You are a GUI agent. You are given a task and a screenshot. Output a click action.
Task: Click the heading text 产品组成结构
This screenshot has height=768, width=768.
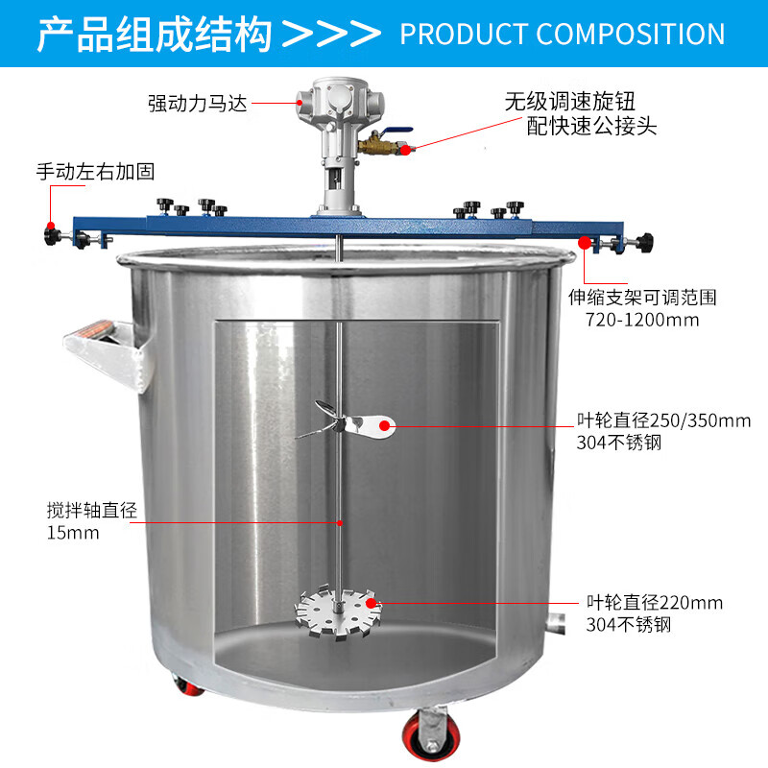click(155, 34)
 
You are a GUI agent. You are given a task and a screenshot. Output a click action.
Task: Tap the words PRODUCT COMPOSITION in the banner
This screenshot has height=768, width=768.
click(562, 35)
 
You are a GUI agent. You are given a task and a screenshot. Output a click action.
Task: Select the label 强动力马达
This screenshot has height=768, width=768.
click(197, 103)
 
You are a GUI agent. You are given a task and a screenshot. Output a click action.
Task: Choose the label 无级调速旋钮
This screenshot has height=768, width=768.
click(570, 101)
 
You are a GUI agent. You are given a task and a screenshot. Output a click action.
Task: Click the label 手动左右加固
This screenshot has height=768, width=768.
click(95, 172)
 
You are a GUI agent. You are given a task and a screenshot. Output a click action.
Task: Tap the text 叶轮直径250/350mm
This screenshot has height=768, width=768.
click(663, 420)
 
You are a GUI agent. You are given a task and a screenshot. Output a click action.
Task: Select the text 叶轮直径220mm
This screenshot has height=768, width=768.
click(655, 603)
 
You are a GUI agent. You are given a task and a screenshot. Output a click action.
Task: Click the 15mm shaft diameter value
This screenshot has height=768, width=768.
click(72, 533)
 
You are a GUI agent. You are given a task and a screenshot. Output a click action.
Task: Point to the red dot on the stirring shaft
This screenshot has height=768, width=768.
click(341, 522)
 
